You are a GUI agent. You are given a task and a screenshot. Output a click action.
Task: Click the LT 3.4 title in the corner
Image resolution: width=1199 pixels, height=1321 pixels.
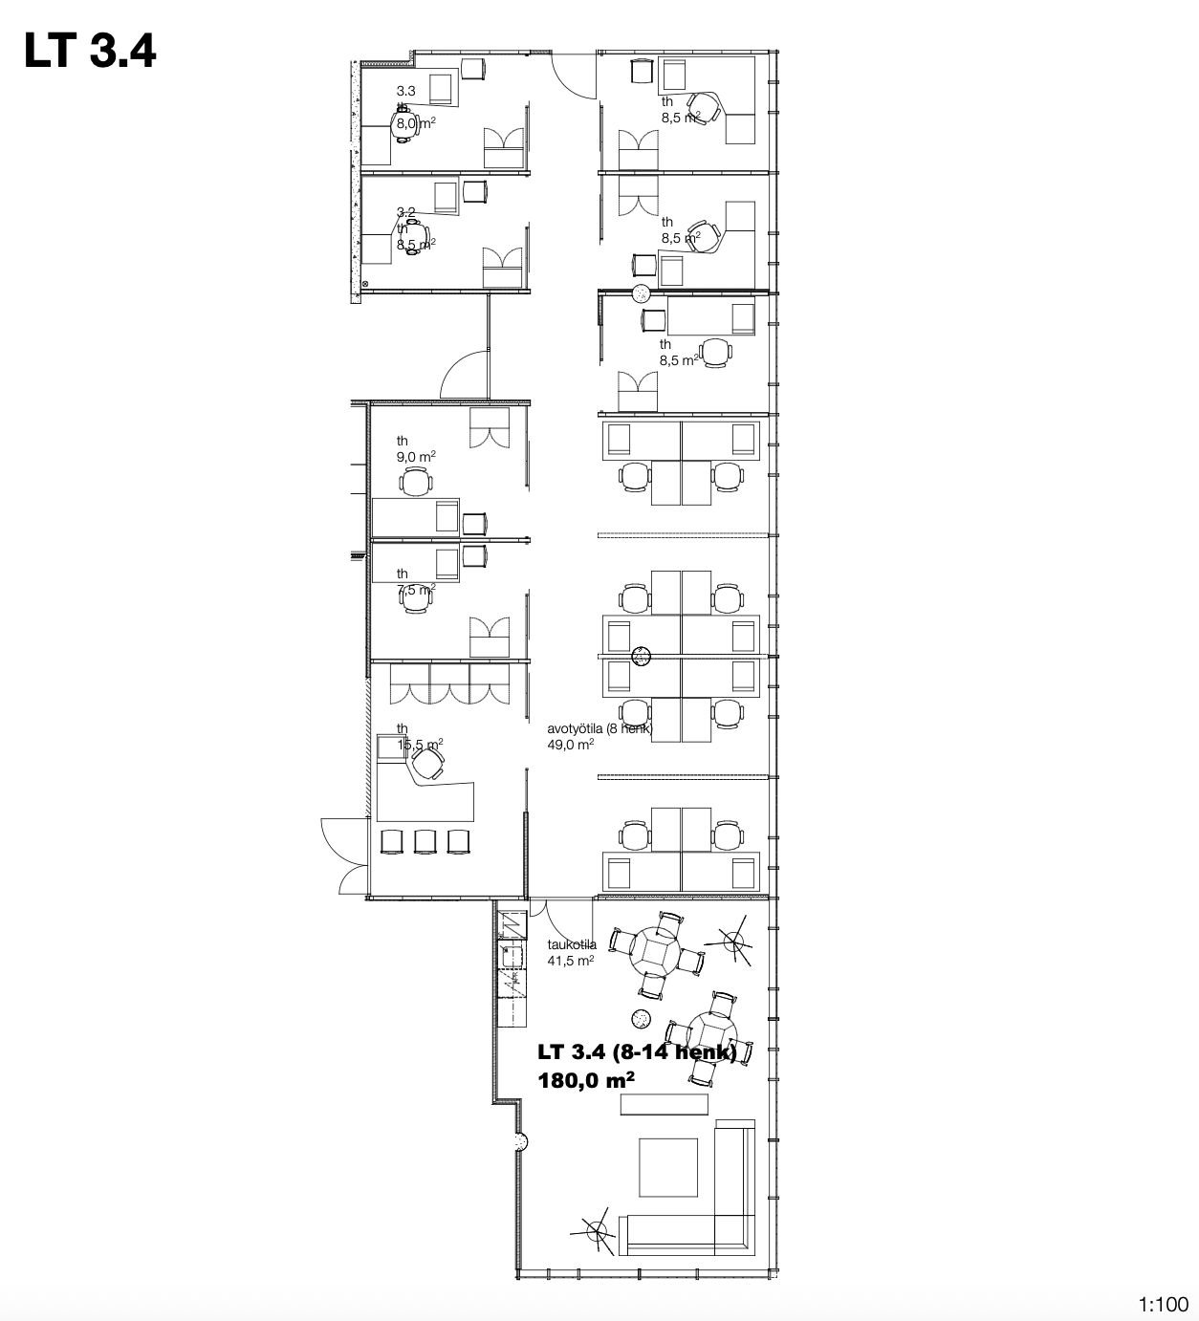90,51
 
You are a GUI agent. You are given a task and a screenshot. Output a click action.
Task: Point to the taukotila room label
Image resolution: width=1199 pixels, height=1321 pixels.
572,945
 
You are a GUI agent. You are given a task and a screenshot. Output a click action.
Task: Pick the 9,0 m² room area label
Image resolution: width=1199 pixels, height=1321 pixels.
416,457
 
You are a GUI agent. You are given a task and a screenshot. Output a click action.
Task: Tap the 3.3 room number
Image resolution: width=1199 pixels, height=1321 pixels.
405,91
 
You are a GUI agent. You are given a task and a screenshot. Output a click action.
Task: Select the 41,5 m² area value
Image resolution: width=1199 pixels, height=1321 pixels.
571,961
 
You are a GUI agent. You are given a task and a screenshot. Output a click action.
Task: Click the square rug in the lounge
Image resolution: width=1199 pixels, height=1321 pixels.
670,1168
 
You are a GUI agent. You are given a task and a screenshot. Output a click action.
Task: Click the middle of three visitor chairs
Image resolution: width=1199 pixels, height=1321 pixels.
425,840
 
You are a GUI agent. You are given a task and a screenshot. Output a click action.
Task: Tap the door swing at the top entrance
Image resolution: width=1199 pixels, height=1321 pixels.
575,73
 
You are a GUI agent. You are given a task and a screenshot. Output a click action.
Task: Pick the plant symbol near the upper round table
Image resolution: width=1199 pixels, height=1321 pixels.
734,944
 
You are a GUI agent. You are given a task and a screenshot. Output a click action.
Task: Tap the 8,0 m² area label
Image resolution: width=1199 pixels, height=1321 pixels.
416,122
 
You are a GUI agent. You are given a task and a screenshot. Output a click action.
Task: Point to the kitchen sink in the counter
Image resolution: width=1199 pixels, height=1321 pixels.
508,953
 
